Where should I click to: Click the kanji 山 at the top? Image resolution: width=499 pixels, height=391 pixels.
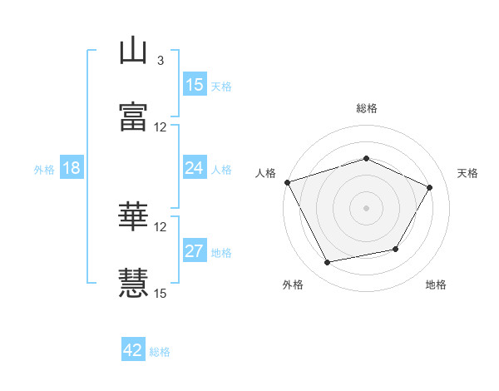tap(133, 50)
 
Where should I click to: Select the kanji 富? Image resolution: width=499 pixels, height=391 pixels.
tap(133, 116)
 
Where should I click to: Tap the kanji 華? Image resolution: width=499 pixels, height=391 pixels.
tap(133, 216)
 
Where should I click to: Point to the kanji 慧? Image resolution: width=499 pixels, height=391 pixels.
tap(133, 283)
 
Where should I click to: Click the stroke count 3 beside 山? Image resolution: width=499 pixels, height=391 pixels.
tap(161, 61)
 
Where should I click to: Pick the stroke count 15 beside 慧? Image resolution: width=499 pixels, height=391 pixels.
tap(160, 293)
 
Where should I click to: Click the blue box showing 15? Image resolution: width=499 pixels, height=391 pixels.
tap(195, 84)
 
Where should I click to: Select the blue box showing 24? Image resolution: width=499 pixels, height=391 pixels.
tap(195, 167)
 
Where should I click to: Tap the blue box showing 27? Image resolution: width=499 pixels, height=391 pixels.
tap(195, 250)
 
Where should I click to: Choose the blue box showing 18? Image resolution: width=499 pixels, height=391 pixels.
tap(72, 167)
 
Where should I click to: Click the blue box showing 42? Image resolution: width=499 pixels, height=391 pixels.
tap(133, 349)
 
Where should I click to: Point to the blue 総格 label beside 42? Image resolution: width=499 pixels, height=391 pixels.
tap(160, 352)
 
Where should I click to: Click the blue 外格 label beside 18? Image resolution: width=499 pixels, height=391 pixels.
tap(44, 170)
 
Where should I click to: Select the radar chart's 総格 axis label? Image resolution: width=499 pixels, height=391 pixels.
tap(367, 108)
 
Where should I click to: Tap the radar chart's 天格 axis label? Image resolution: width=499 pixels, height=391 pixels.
tap(467, 173)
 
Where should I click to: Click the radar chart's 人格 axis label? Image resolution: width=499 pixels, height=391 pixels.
tap(265, 173)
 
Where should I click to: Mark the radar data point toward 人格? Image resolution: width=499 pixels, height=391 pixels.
tap(288, 182)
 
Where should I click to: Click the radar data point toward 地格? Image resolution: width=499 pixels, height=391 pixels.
tap(396, 249)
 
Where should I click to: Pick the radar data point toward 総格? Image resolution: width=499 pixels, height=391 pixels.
tap(366, 158)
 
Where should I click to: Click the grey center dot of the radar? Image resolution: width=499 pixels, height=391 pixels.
tap(366, 208)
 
